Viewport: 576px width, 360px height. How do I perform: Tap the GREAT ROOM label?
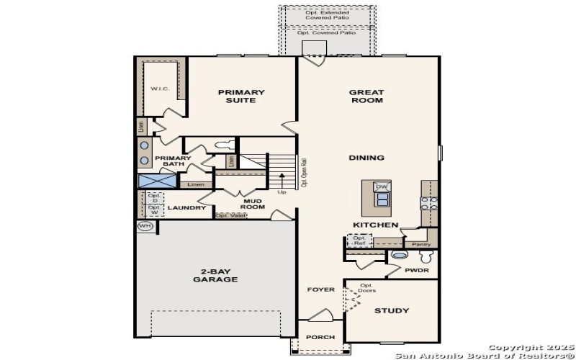[366, 96]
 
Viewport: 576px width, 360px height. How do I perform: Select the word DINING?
[366, 158]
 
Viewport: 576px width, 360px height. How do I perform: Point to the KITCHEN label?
[375, 225]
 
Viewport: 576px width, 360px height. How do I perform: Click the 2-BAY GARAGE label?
[215, 276]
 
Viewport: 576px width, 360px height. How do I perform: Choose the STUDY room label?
[392, 311]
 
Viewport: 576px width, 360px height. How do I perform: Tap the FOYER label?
[321, 289]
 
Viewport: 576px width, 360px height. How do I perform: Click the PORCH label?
[320, 337]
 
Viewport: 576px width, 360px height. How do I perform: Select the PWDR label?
[416, 271]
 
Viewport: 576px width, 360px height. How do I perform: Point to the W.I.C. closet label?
[159, 89]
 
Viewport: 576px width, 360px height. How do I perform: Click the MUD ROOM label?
[252, 204]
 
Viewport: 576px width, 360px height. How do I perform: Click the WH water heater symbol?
[145, 226]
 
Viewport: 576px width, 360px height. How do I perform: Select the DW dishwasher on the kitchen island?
[382, 186]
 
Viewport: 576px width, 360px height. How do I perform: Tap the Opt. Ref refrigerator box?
[358, 241]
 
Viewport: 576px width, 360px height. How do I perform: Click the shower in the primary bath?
[153, 181]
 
